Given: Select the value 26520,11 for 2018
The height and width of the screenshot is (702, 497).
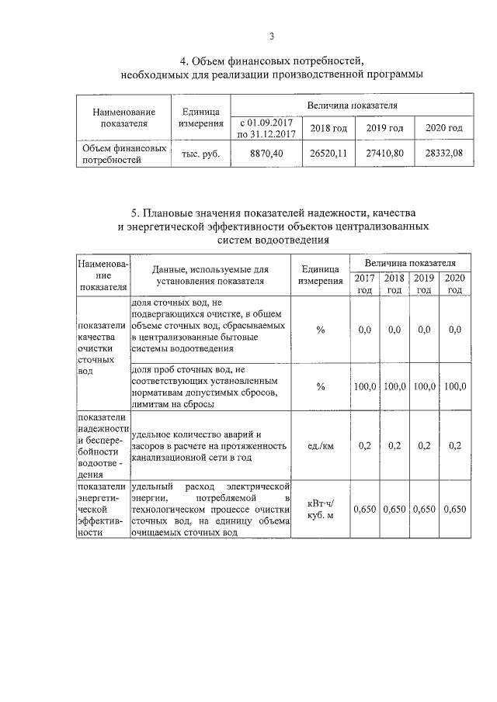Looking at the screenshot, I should [x=328, y=153].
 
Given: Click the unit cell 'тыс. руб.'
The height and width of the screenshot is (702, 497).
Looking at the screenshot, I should [x=201, y=153].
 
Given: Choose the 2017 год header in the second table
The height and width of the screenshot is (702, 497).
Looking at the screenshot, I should [x=364, y=284].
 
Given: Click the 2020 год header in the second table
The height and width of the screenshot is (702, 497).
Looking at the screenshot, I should [x=455, y=284].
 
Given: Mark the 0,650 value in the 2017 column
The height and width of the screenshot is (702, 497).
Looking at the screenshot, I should [x=365, y=510].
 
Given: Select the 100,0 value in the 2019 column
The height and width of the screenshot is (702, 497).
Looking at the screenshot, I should [x=424, y=386].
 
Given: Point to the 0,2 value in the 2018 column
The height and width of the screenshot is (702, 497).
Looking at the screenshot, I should [x=394, y=445].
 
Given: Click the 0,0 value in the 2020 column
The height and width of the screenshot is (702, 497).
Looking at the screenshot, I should [x=455, y=330].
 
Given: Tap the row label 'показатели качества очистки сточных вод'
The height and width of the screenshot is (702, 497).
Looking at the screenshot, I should [x=98, y=349].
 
